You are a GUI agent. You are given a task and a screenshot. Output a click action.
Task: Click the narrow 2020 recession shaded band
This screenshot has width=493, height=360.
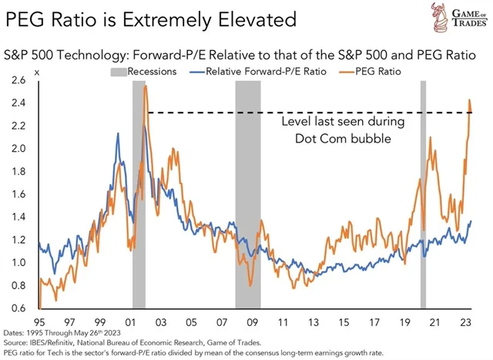[x=423, y=193]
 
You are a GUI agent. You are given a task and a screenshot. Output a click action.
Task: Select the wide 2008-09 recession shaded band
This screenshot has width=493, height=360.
[x=248, y=193]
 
